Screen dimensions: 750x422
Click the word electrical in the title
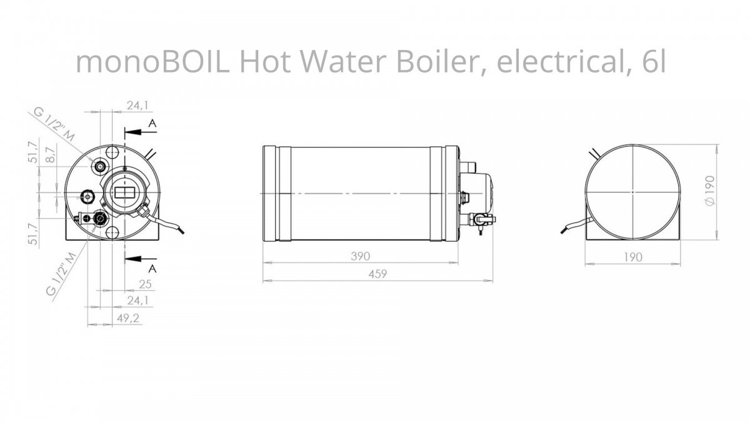pos(562,64)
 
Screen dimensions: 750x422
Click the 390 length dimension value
pos(361,256)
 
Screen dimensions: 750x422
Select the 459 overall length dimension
pos(377,274)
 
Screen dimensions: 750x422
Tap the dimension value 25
pos(145,284)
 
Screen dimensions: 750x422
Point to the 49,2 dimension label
pos(128,318)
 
